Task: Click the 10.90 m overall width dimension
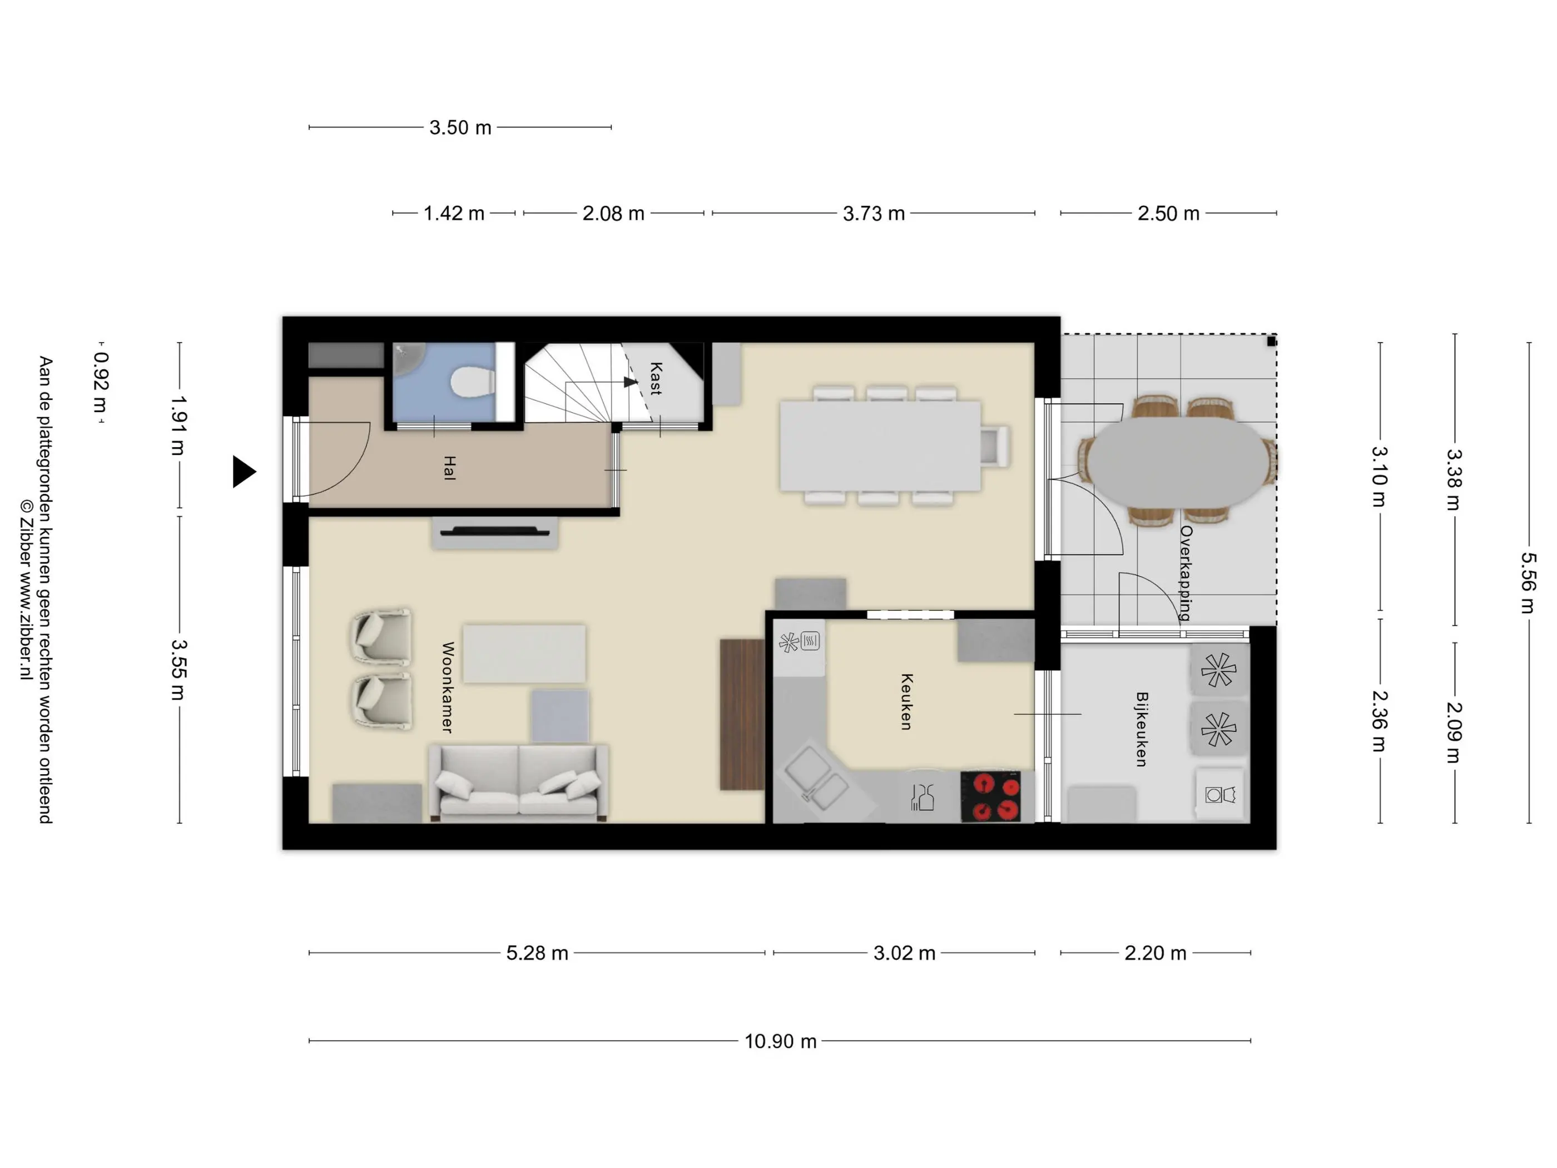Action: click(x=781, y=1041)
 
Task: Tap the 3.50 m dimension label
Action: click(x=460, y=127)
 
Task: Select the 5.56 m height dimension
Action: click(x=1528, y=582)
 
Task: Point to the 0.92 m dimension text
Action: click(x=101, y=382)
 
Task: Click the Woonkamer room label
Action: click(x=448, y=687)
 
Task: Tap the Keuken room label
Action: click(x=906, y=702)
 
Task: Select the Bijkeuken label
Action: click(x=1142, y=729)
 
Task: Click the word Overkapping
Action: click(x=1186, y=572)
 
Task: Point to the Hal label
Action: click(x=449, y=468)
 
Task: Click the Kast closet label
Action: click(x=655, y=378)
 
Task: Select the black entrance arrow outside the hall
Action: click(x=244, y=471)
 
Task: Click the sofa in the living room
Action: click(x=519, y=784)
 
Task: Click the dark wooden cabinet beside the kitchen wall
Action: click(x=742, y=715)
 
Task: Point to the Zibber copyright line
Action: click(x=27, y=590)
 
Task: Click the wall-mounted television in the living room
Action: click(x=495, y=532)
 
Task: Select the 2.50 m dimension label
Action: click(x=1168, y=214)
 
